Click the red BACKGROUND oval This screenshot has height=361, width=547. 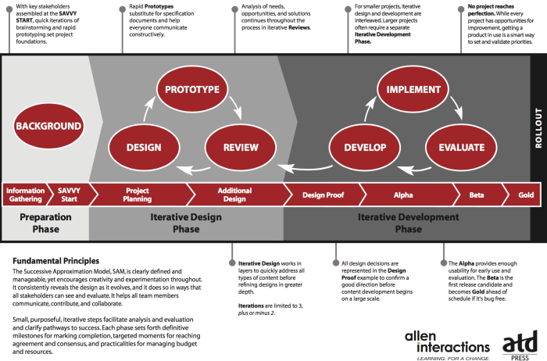[48, 126]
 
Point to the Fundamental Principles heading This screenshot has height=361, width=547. [55, 260]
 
